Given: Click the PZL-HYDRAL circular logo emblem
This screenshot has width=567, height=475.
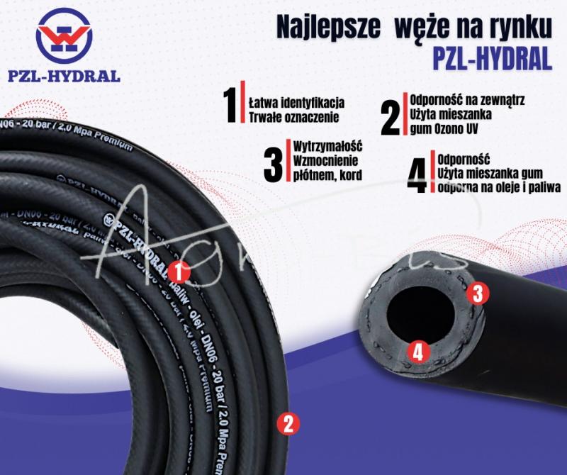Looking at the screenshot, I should click(64, 35).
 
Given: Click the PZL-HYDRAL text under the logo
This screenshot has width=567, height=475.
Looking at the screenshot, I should click(64, 76).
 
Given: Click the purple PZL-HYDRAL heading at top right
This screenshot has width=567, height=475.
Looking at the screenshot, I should click(492, 59).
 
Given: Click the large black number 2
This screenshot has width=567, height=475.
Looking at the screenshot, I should click(391, 118).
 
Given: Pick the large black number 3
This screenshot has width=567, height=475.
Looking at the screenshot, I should click(273, 164).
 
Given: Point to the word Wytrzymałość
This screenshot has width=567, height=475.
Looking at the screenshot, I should click(327, 146).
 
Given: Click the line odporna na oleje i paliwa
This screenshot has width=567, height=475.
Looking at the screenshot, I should click(498, 187).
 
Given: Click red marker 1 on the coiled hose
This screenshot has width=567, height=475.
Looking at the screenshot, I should click(180, 269).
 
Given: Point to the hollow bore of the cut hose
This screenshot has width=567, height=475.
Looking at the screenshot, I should click(415, 315).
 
